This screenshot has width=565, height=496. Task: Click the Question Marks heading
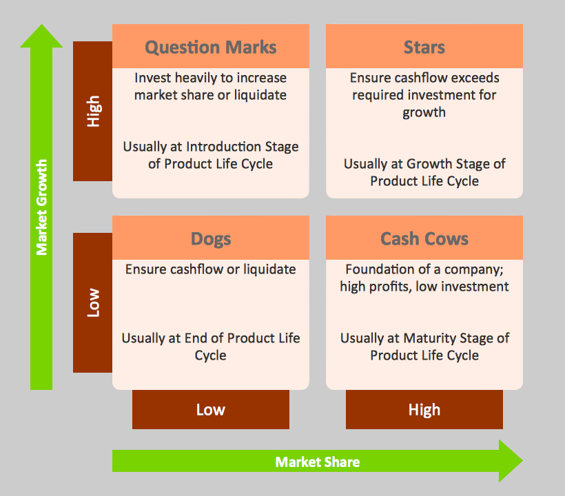coord(210,48)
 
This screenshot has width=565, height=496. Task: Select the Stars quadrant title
coord(424,48)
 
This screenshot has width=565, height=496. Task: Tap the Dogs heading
coord(210,239)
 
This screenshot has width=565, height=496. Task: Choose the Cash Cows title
coord(424,239)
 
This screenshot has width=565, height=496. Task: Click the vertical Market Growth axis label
coord(42,207)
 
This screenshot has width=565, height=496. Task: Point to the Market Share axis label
coord(317,462)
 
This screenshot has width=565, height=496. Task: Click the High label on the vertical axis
coord(93,111)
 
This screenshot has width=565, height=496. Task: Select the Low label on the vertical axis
coord(93,302)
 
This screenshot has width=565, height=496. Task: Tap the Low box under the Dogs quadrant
coord(210,410)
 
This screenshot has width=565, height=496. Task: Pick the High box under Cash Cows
coord(424,410)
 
